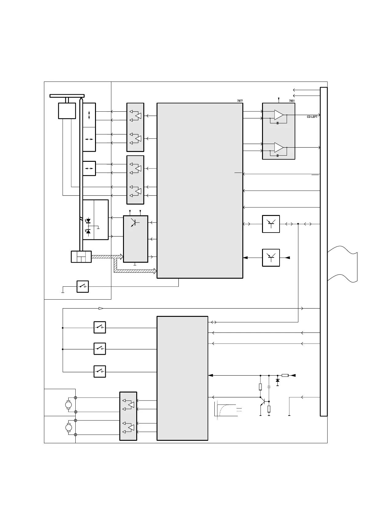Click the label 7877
[x=240, y=101]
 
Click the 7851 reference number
[x=292, y=101]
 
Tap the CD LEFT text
[x=312, y=117]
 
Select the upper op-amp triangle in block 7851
[x=279, y=115]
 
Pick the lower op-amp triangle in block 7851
[x=279, y=147]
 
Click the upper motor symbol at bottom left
[x=69, y=405]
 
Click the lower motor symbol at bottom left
[x=69, y=428]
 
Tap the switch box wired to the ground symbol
[x=82, y=286]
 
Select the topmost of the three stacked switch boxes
[x=100, y=327]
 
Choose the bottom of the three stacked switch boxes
[x=100, y=371]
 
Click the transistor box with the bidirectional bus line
[x=271, y=224]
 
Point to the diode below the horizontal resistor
[x=277, y=381]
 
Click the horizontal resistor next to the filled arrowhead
[x=285, y=375]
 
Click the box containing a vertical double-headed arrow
[x=89, y=115]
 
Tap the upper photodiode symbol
[x=88, y=221]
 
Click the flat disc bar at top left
[x=67, y=96]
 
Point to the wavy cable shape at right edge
[x=342, y=264]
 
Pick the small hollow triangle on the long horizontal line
[x=101, y=308]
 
